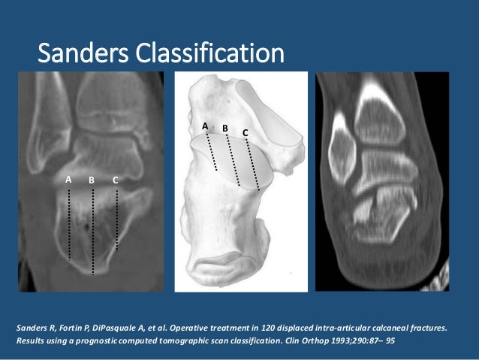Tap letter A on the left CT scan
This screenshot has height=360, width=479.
[x=68, y=180]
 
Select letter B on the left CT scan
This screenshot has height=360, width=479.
[x=91, y=180]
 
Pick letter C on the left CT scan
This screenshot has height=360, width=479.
[x=116, y=180]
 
